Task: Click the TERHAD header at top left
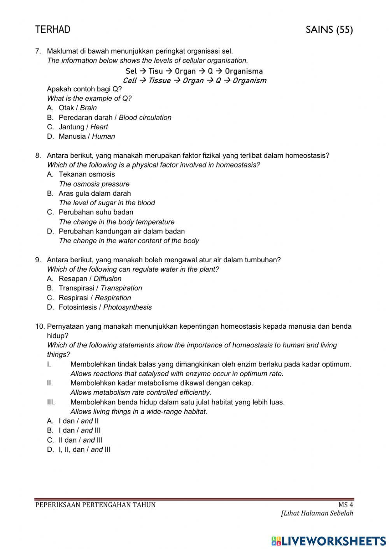[x=53, y=30]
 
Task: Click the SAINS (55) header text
[x=329, y=30]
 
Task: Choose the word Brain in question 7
[x=88, y=108]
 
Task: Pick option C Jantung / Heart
[x=83, y=127]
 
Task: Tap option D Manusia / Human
[x=86, y=136]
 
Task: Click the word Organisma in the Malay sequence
[x=244, y=71]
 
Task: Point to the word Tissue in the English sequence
[x=159, y=81]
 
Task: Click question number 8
[x=38, y=155]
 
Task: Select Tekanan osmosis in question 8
[x=87, y=174]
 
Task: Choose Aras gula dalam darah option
[x=95, y=193]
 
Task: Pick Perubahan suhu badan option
[x=96, y=212]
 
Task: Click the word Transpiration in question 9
[x=121, y=288]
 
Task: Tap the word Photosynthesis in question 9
[x=128, y=307]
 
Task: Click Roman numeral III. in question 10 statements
[x=51, y=402]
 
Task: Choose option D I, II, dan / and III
[x=84, y=450]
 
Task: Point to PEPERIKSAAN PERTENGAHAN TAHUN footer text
[x=95, y=505]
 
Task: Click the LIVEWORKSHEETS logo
[x=329, y=540]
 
